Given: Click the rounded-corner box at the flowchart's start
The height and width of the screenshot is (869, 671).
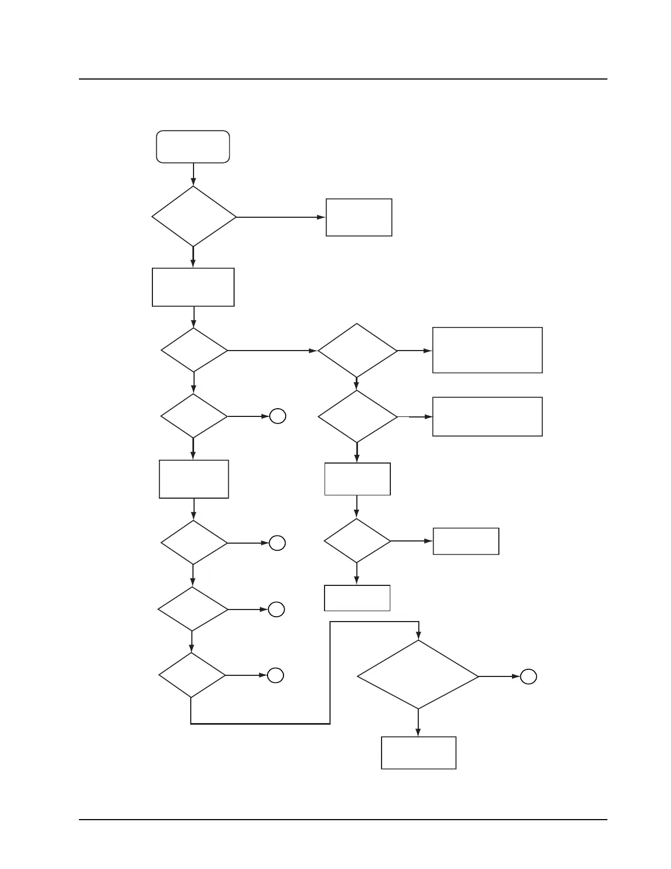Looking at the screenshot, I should tap(193, 146).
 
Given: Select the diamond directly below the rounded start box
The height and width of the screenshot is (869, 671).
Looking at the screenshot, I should tap(194, 217).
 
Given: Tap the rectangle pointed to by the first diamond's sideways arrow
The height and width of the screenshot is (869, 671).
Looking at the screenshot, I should tap(359, 217).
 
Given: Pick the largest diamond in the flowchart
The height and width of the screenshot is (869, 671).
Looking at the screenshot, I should tap(418, 675).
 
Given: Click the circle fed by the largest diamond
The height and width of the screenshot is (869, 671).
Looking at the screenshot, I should tap(528, 677).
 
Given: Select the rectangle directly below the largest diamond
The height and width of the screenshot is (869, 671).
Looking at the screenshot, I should tap(418, 753).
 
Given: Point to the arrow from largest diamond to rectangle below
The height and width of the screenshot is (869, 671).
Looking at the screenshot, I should tap(418, 723).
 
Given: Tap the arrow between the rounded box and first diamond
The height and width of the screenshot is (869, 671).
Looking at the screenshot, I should tap(194, 174).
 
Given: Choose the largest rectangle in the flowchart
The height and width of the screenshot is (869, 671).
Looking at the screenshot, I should tap(487, 350).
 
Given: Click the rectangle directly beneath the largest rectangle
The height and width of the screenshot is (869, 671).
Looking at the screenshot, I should tap(487, 416).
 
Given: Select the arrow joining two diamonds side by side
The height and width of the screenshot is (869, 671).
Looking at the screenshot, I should tap(272, 350).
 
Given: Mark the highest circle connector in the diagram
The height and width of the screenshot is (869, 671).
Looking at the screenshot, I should tap(277, 416).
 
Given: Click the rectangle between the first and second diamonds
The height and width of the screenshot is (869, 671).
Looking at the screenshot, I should tap(193, 287).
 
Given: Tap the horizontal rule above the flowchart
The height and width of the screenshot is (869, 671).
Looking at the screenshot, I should tap(343, 79).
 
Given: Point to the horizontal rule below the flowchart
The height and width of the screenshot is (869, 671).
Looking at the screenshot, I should tap(343, 820).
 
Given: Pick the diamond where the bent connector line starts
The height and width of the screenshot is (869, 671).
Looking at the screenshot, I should tap(192, 675).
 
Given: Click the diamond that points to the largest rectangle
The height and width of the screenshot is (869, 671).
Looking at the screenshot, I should tap(357, 350).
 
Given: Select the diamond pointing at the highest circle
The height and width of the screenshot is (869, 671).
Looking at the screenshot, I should tap(194, 416).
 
